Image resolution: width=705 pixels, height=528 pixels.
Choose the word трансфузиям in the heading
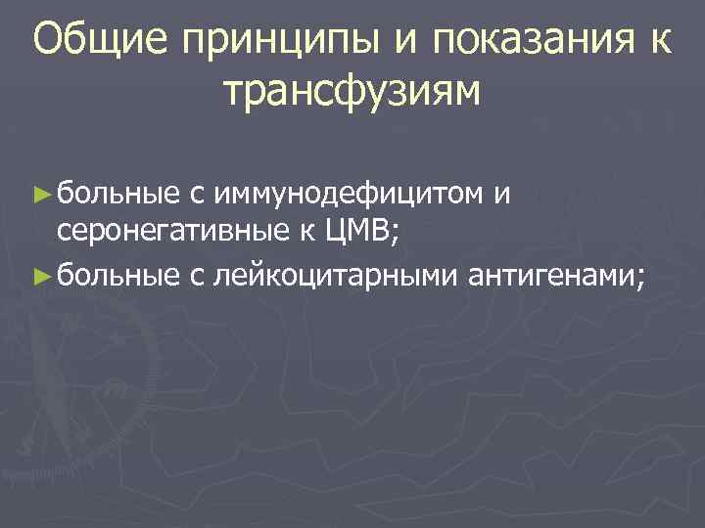352,92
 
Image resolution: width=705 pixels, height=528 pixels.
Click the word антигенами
552,278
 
